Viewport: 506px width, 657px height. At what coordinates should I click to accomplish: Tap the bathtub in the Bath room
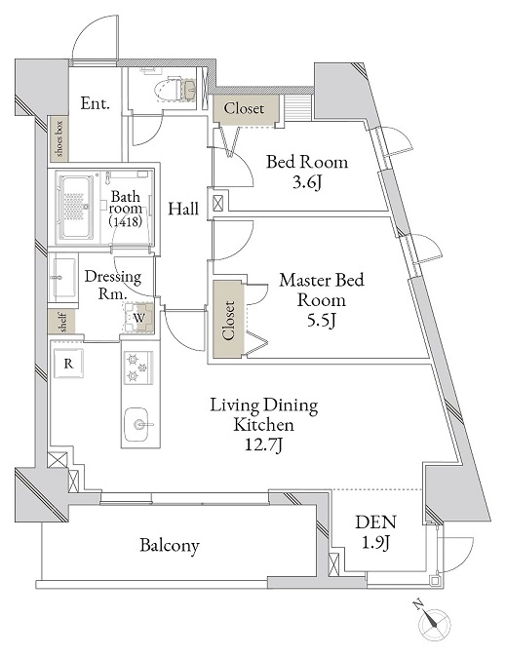75,208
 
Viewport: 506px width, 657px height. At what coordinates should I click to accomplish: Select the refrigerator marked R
68,364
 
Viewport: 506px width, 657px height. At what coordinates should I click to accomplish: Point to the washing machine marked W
139,318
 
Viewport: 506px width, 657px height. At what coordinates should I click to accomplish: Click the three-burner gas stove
137,367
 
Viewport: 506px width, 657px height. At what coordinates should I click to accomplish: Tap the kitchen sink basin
136,424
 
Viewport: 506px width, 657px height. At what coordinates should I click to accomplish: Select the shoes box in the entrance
59,138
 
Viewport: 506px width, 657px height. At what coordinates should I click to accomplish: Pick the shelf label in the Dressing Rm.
62,322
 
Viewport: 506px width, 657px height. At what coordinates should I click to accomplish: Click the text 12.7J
263,444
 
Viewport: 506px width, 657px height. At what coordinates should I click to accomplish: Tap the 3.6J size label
307,182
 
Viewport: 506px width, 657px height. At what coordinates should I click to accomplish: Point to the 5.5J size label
322,320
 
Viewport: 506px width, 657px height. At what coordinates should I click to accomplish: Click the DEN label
375,522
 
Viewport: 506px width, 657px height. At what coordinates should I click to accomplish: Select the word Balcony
170,546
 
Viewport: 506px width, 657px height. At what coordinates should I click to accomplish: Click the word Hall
183,209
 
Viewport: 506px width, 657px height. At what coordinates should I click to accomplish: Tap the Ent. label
96,103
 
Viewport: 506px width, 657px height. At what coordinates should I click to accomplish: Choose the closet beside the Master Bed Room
228,320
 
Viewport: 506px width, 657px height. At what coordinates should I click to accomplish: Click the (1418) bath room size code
126,221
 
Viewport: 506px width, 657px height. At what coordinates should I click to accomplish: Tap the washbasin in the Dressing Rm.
63,277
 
